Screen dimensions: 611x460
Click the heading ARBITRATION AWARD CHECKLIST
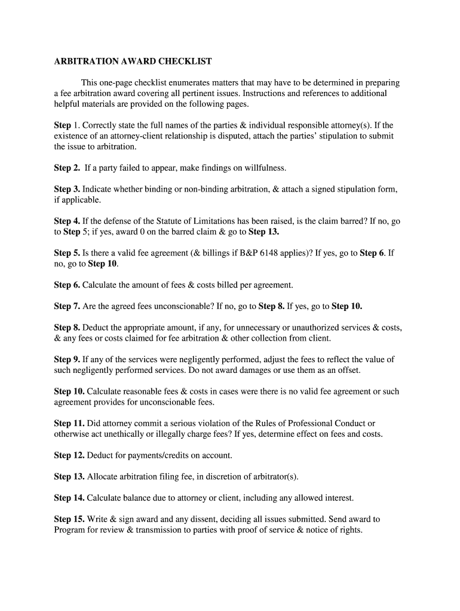(133, 61)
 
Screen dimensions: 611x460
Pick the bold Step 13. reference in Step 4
(263, 232)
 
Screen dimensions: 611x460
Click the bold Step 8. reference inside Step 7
(271, 306)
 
